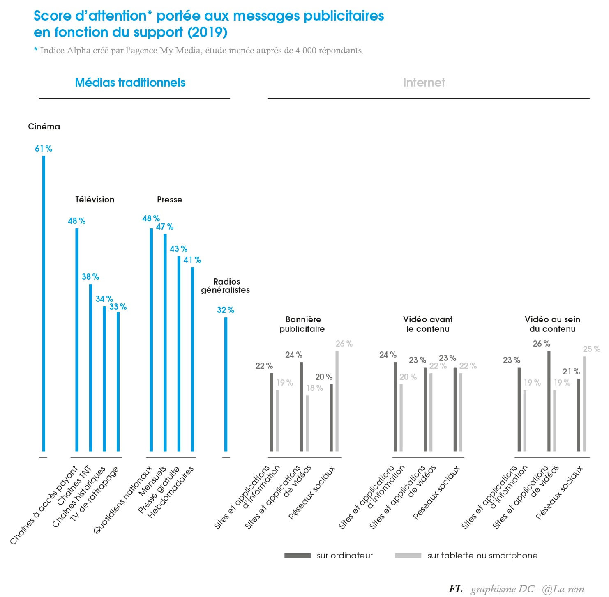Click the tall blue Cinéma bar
pyautogui.click(x=44, y=304)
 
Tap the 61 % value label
pyautogui.click(x=44, y=149)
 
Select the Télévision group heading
pyautogui.click(x=95, y=200)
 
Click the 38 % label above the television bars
pyautogui.click(x=90, y=277)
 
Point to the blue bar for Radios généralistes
pyautogui.click(x=226, y=384)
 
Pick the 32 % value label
pyautogui.click(x=226, y=310)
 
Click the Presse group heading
pyautogui.click(x=169, y=200)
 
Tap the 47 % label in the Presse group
pyautogui.click(x=165, y=227)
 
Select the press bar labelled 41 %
pyautogui.click(x=192, y=359)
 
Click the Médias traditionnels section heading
pyautogui.click(x=130, y=83)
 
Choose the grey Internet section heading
pyautogui.click(x=424, y=83)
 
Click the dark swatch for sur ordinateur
pyautogui.click(x=297, y=556)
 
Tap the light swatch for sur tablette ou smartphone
pyautogui.click(x=408, y=556)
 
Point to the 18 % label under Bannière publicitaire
pyautogui.click(x=314, y=388)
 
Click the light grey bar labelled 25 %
pyautogui.click(x=584, y=404)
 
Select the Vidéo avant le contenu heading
pyautogui.click(x=428, y=324)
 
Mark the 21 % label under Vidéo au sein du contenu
pyautogui.click(x=571, y=372)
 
